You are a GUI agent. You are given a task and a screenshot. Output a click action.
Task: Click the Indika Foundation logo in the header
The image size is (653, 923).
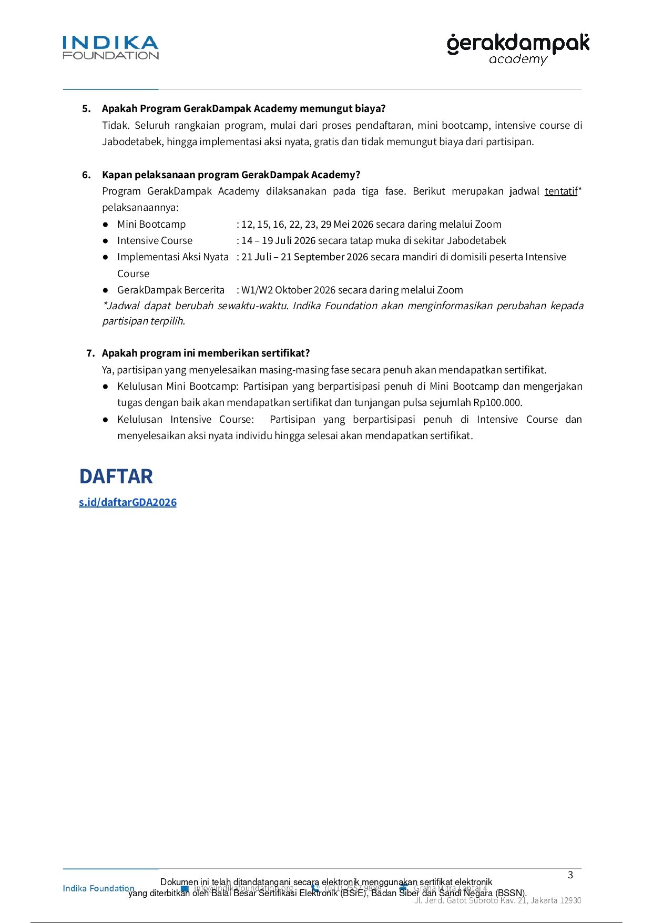pos(110,48)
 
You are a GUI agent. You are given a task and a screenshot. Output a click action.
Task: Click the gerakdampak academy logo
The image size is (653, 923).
pos(518,49)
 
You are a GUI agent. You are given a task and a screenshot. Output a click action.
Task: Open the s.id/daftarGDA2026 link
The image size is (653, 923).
pos(128,502)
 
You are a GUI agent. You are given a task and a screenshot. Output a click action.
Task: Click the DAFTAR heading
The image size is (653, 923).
pos(116,476)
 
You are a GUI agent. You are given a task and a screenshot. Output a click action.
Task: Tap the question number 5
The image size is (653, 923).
pos(86,109)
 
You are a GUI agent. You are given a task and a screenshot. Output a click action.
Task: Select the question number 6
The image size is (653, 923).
pos(86,175)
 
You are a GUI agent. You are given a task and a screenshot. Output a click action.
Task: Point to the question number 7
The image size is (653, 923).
pos(90,353)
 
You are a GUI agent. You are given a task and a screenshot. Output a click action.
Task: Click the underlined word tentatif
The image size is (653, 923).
pos(560,191)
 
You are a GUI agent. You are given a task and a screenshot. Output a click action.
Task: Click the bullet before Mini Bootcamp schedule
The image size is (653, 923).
pos(106,225)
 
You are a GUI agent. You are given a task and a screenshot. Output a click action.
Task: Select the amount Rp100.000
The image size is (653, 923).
pos(497,403)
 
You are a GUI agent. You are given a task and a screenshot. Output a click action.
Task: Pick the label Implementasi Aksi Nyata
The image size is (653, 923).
pos(173,257)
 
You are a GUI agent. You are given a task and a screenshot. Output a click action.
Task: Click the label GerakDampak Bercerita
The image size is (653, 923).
pos(171,290)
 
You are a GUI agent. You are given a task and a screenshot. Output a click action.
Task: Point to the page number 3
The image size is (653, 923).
pos(570,875)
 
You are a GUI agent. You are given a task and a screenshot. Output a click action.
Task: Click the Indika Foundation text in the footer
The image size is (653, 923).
pos(98,888)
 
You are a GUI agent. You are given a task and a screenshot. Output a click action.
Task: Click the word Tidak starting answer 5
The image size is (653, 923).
pos(115,126)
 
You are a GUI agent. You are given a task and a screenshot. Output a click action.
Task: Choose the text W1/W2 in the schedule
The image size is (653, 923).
pos(257,290)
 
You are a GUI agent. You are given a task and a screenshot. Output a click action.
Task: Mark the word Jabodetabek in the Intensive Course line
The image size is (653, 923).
pos(476,241)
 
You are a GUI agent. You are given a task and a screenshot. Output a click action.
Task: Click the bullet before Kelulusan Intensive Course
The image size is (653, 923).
pos(106,420)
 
